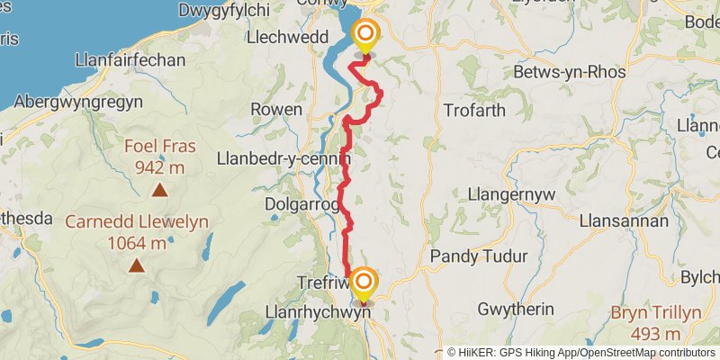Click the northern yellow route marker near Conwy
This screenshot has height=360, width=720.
click(x=366, y=36)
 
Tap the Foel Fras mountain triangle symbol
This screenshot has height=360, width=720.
click(x=159, y=189)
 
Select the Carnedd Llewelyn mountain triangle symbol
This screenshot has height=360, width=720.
click(x=137, y=265)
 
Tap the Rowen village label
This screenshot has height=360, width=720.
click(x=276, y=109)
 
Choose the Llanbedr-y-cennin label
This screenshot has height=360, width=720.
click(x=282, y=159)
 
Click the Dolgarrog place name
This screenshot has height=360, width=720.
click(x=301, y=204)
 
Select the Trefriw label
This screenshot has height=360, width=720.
click(x=321, y=283)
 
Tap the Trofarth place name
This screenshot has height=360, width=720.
click(x=475, y=110)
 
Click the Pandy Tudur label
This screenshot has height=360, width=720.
click(x=479, y=256)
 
